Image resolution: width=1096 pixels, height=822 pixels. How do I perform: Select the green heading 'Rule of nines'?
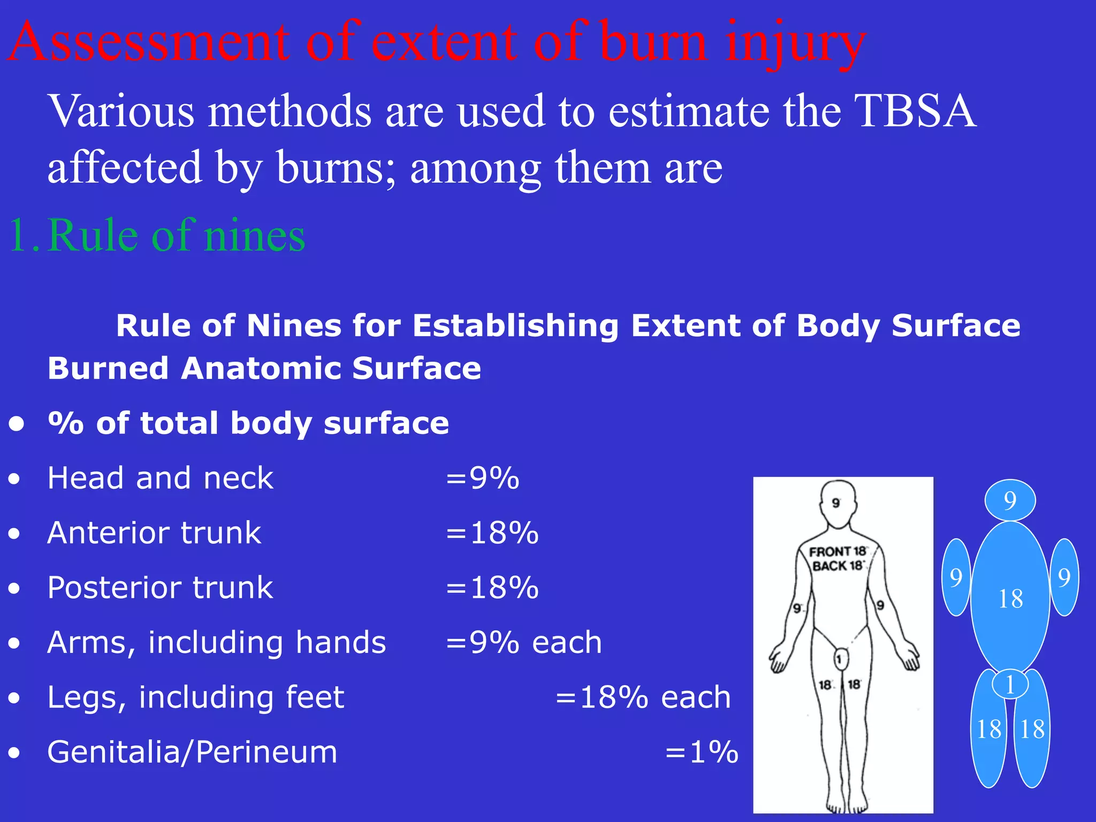pyautogui.click(x=177, y=235)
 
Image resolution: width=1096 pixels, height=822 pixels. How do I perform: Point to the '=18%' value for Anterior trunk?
pyautogui.click(x=492, y=533)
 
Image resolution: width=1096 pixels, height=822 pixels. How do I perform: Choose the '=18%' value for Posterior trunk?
pyautogui.click(x=492, y=588)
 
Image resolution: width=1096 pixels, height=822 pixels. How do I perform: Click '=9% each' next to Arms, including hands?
pyautogui.click(x=524, y=642)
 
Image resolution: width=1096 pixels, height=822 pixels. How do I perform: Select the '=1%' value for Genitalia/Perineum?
pyautogui.click(x=702, y=752)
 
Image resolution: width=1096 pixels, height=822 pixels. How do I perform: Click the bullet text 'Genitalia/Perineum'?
pyautogui.click(x=193, y=752)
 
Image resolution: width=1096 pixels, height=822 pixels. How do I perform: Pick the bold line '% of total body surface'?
pyautogui.click(x=248, y=423)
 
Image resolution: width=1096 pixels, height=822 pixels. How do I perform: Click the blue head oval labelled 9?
pyautogui.click(x=1010, y=500)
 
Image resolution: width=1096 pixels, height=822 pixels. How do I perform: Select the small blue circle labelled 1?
pyautogui.click(x=1010, y=684)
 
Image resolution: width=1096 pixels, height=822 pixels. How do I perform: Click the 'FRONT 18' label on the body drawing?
pyautogui.click(x=837, y=551)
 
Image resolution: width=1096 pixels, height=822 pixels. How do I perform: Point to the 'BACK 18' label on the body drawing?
pyautogui.click(x=837, y=566)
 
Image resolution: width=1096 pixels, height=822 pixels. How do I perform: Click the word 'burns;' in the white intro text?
pyautogui.click(x=336, y=168)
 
